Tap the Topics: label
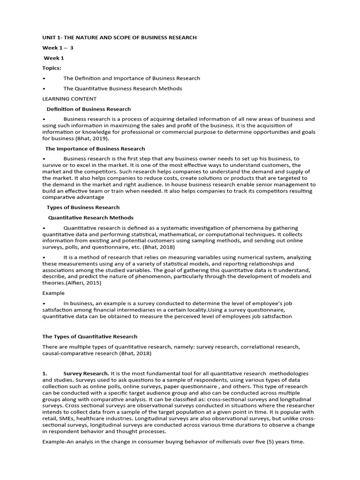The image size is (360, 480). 52,68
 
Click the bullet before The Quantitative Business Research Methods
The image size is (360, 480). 44,89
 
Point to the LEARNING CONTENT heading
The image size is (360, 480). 69,99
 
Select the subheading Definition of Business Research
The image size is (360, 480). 89,109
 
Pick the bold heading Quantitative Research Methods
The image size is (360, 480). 91,217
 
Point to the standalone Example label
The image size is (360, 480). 53,293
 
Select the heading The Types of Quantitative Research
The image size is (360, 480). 90,337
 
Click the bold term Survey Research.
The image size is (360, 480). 86,373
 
